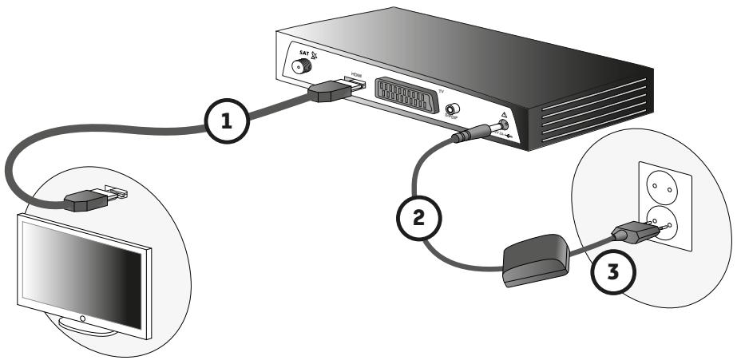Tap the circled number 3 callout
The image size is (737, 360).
[613, 274]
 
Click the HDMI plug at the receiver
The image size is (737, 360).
[329, 93]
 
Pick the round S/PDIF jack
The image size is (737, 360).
[453, 109]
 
